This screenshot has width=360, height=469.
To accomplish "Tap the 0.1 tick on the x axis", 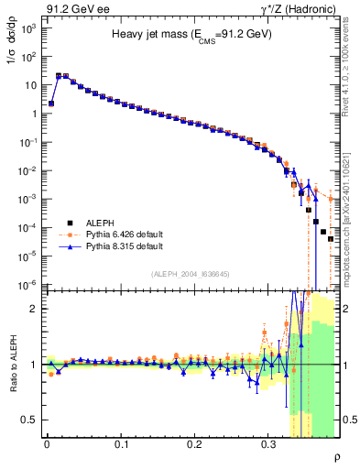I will pos(120,443).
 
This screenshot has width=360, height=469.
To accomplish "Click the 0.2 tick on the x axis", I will pos(194,443).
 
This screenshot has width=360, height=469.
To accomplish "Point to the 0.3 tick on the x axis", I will pos(267,443).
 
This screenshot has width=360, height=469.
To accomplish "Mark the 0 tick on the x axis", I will pos(47,443).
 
